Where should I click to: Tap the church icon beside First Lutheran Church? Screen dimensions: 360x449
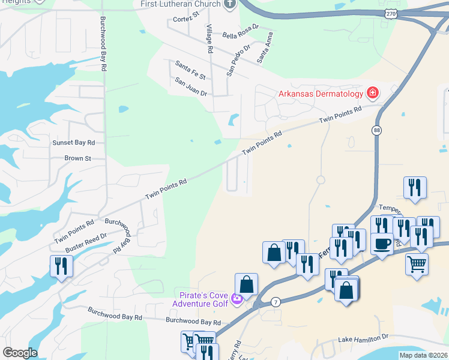point(230,4)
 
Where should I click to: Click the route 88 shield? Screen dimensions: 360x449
point(376,130)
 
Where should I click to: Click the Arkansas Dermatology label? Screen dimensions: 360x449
point(321,94)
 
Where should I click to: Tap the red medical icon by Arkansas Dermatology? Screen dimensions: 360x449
point(372,93)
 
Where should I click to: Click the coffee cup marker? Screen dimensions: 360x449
point(382,243)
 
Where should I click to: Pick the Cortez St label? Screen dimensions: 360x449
point(185,19)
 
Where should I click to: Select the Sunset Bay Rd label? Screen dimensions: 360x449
point(74,143)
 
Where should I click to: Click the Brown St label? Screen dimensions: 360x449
point(77,158)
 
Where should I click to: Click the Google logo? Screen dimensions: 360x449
point(20,353)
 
